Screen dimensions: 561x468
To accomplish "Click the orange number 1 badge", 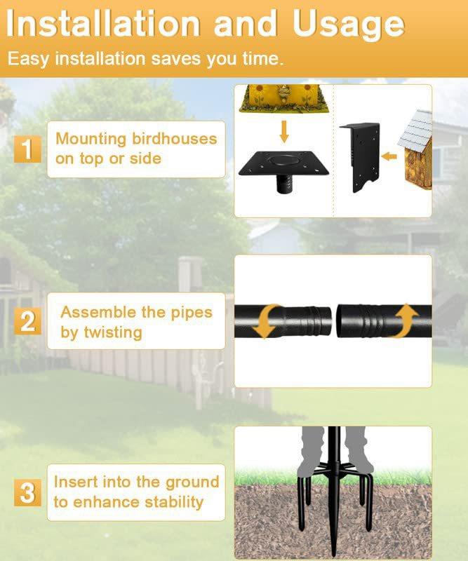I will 27,149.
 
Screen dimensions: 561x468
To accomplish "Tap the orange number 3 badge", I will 27,493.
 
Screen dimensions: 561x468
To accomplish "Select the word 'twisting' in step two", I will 112,332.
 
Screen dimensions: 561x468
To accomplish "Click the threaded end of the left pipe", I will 316,320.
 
